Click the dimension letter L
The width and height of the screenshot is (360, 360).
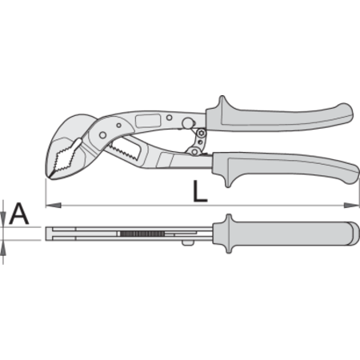200,191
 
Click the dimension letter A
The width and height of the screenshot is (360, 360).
18,214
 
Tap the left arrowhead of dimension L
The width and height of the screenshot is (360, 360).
54,206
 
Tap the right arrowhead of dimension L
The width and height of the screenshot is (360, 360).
351,206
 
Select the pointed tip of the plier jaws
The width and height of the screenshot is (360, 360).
50,176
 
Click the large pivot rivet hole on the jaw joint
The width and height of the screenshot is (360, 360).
102,135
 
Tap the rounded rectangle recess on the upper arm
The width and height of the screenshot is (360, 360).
148,121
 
